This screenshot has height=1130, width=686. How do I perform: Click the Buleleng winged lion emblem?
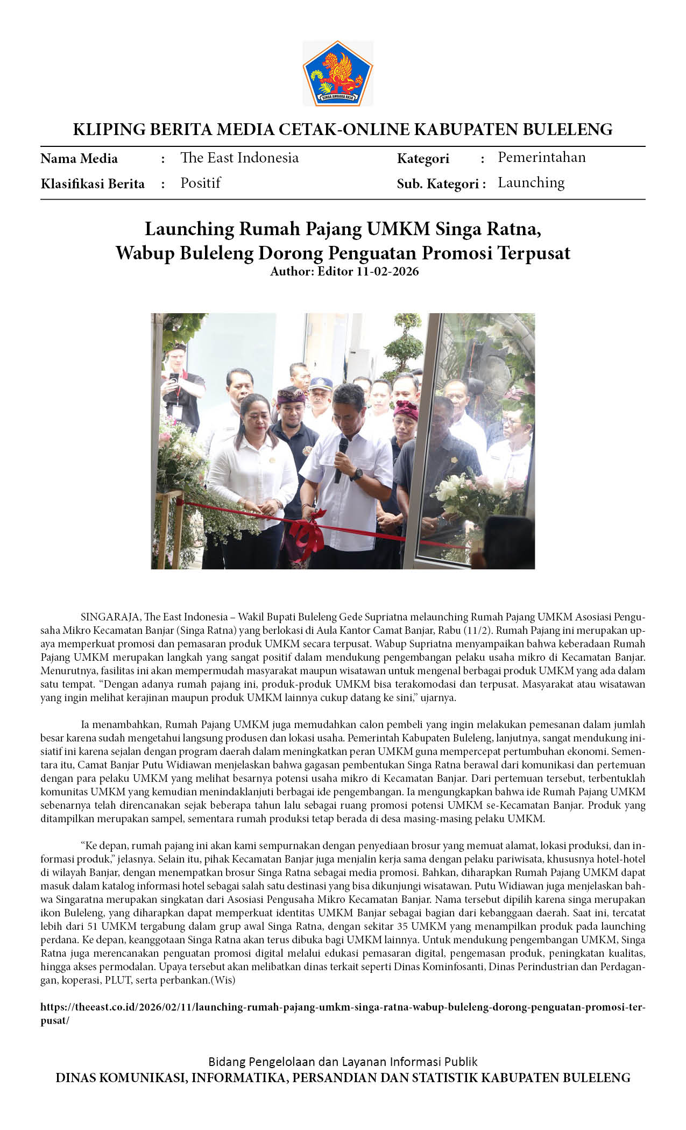337,73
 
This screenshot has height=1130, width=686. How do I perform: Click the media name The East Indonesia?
239,158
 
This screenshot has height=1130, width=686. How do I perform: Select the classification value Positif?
200,183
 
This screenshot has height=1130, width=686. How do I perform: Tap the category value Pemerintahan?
541,157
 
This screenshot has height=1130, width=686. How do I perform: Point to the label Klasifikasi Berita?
93,184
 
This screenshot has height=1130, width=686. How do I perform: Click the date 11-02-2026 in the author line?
387,271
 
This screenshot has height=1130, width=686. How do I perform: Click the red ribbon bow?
307,532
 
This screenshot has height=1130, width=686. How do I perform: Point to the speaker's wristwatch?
356,474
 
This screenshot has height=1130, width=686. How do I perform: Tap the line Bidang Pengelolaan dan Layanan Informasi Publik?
343,1062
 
